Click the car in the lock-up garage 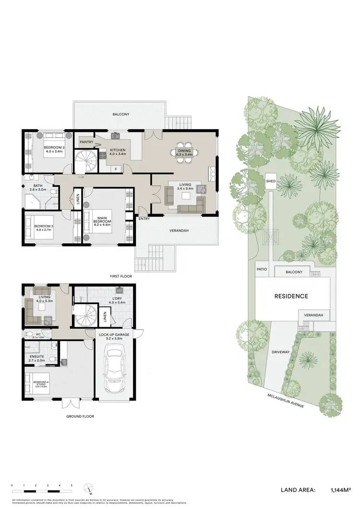click(x=115, y=369)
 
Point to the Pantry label click(x=86, y=142)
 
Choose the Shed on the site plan click(x=270, y=181)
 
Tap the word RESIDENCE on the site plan click(x=291, y=296)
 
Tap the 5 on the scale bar click(x=72, y=486)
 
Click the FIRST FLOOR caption click(x=120, y=276)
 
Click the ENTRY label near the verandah click(x=143, y=219)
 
